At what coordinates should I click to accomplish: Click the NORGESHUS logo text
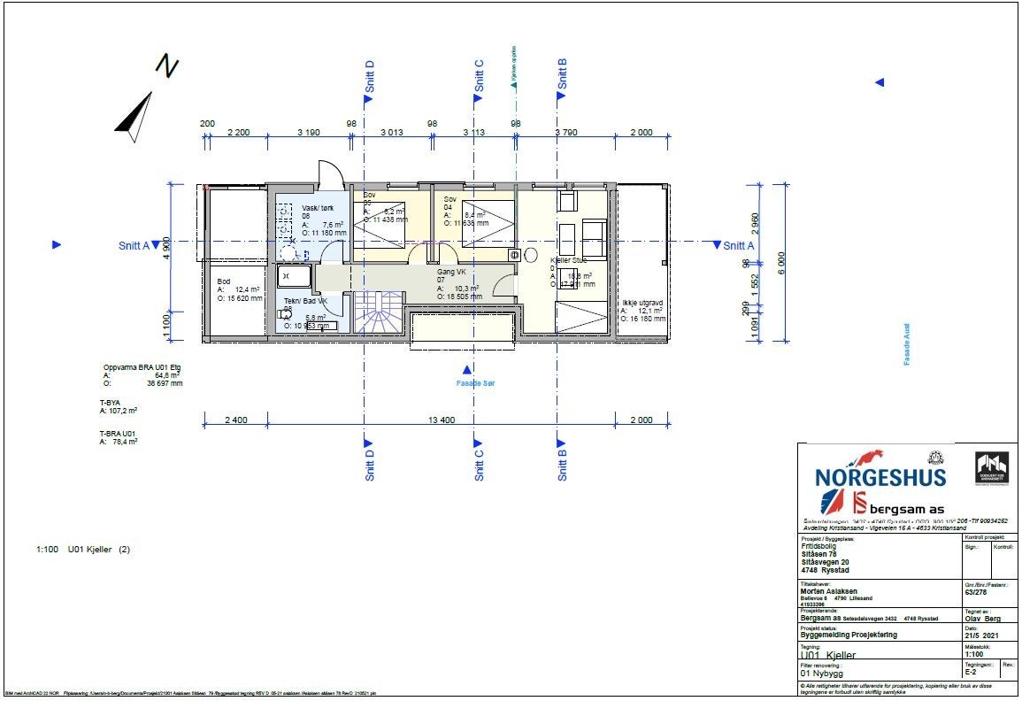point(880,477)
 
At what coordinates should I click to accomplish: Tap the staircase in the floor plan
point(378,315)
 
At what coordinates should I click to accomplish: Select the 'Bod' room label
point(223,282)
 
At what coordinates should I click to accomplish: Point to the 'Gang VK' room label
point(452,273)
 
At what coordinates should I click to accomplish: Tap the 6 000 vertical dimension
point(780,263)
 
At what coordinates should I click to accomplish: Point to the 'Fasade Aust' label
point(907,343)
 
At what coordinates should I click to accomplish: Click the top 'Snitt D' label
point(370,77)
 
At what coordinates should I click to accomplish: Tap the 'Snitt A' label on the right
point(738,246)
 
